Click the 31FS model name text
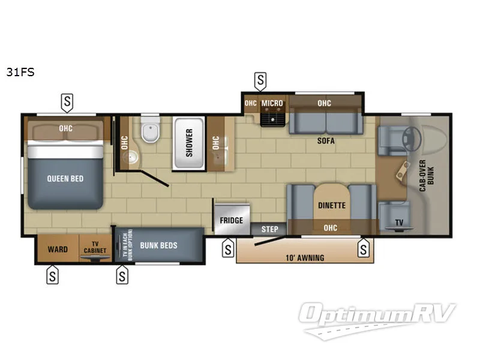20,73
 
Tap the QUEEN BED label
65,178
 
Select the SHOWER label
190,143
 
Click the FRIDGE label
231,220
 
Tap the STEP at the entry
269,229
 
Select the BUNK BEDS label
158,245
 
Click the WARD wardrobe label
58,249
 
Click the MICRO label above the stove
272,103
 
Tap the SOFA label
326,142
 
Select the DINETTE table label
331,205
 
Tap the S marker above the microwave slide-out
260,80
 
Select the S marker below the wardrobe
53,275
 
